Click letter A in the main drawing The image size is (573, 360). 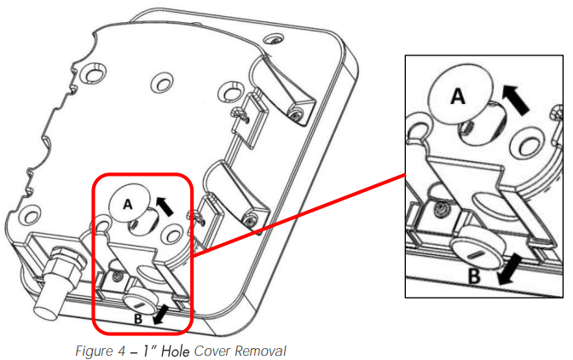tap(127, 204)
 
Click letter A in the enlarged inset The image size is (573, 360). tap(458, 96)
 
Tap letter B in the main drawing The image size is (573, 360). tap(138, 319)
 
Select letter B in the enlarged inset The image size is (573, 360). tap(474, 276)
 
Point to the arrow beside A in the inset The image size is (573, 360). tap(515, 100)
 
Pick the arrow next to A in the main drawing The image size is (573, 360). tap(164, 206)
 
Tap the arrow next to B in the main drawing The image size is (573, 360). tap(161, 315)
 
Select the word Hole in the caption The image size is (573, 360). tap(176, 351)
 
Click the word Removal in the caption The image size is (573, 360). tap(260, 351)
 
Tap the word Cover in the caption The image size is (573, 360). tap(211, 351)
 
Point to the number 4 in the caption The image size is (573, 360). tap(121, 351)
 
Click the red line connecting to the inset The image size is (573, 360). tap(299, 215)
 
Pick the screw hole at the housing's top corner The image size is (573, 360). tap(274, 38)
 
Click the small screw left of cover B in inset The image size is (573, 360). tap(438, 209)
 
